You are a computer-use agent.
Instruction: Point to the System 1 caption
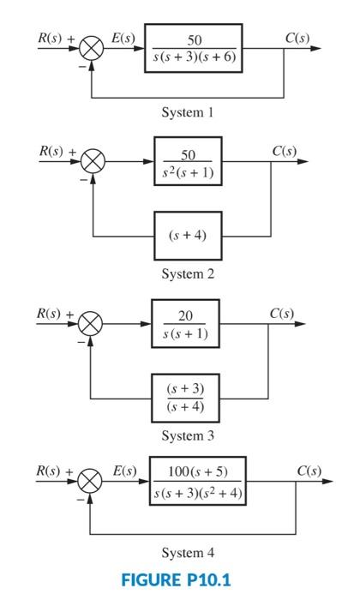coord(186,112)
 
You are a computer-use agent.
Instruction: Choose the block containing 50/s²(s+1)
coord(188,160)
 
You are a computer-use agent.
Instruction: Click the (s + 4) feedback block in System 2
coord(188,235)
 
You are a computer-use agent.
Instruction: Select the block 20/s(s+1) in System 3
coord(184,322)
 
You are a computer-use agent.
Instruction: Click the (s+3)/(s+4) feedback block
coord(184,399)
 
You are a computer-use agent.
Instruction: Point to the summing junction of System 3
coord(91,323)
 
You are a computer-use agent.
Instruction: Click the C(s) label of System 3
coord(284,312)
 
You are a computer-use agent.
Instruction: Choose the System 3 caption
coord(186,436)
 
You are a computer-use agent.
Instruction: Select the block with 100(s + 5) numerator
coord(197,481)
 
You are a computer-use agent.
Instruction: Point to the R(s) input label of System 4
coord(49,471)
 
